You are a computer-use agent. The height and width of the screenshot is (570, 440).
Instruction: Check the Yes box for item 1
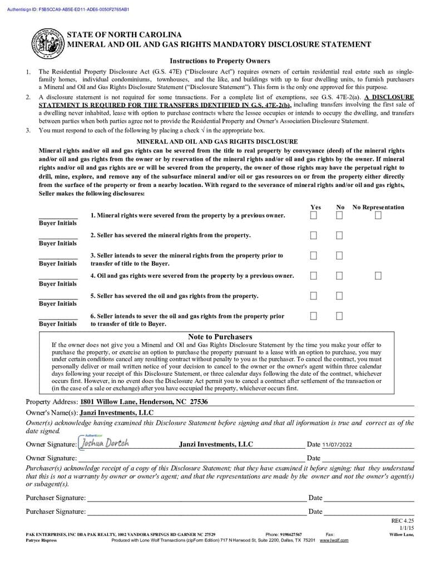[x=314, y=215]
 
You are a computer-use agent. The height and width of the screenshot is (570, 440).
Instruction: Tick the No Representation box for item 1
[x=378, y=215]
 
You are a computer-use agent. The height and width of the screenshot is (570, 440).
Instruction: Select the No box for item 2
[x=339, y=235]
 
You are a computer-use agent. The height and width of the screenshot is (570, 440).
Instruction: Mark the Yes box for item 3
[x=314, y=255]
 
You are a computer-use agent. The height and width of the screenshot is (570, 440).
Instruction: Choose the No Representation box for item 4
[x=378, y=276]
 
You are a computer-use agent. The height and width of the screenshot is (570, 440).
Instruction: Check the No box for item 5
[x=339, y=296]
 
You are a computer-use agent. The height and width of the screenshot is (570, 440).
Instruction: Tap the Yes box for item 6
[x=314, y=316]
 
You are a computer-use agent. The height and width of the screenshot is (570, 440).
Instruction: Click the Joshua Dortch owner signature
[x=105, y=444]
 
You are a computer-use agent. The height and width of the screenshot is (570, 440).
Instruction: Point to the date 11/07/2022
[x=337, y=445]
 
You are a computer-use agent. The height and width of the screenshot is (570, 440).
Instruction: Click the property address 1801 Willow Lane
[x=144, y=402]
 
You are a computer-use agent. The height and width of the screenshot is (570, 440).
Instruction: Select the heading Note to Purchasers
[x=220, y=337]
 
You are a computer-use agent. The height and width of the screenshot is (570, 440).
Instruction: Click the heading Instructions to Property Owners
[x=220, y=61]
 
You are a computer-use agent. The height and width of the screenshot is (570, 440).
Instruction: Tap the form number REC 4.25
[x=403, y=521]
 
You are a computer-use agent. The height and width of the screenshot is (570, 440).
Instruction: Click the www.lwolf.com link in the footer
[x=334, y=540]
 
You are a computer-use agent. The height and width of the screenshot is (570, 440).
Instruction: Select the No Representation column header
[x=378, y=207]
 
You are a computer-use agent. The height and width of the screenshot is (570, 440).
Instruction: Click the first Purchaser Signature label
[x=56, y=498]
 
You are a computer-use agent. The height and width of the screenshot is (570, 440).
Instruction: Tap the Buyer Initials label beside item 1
[x=58, y=223]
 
